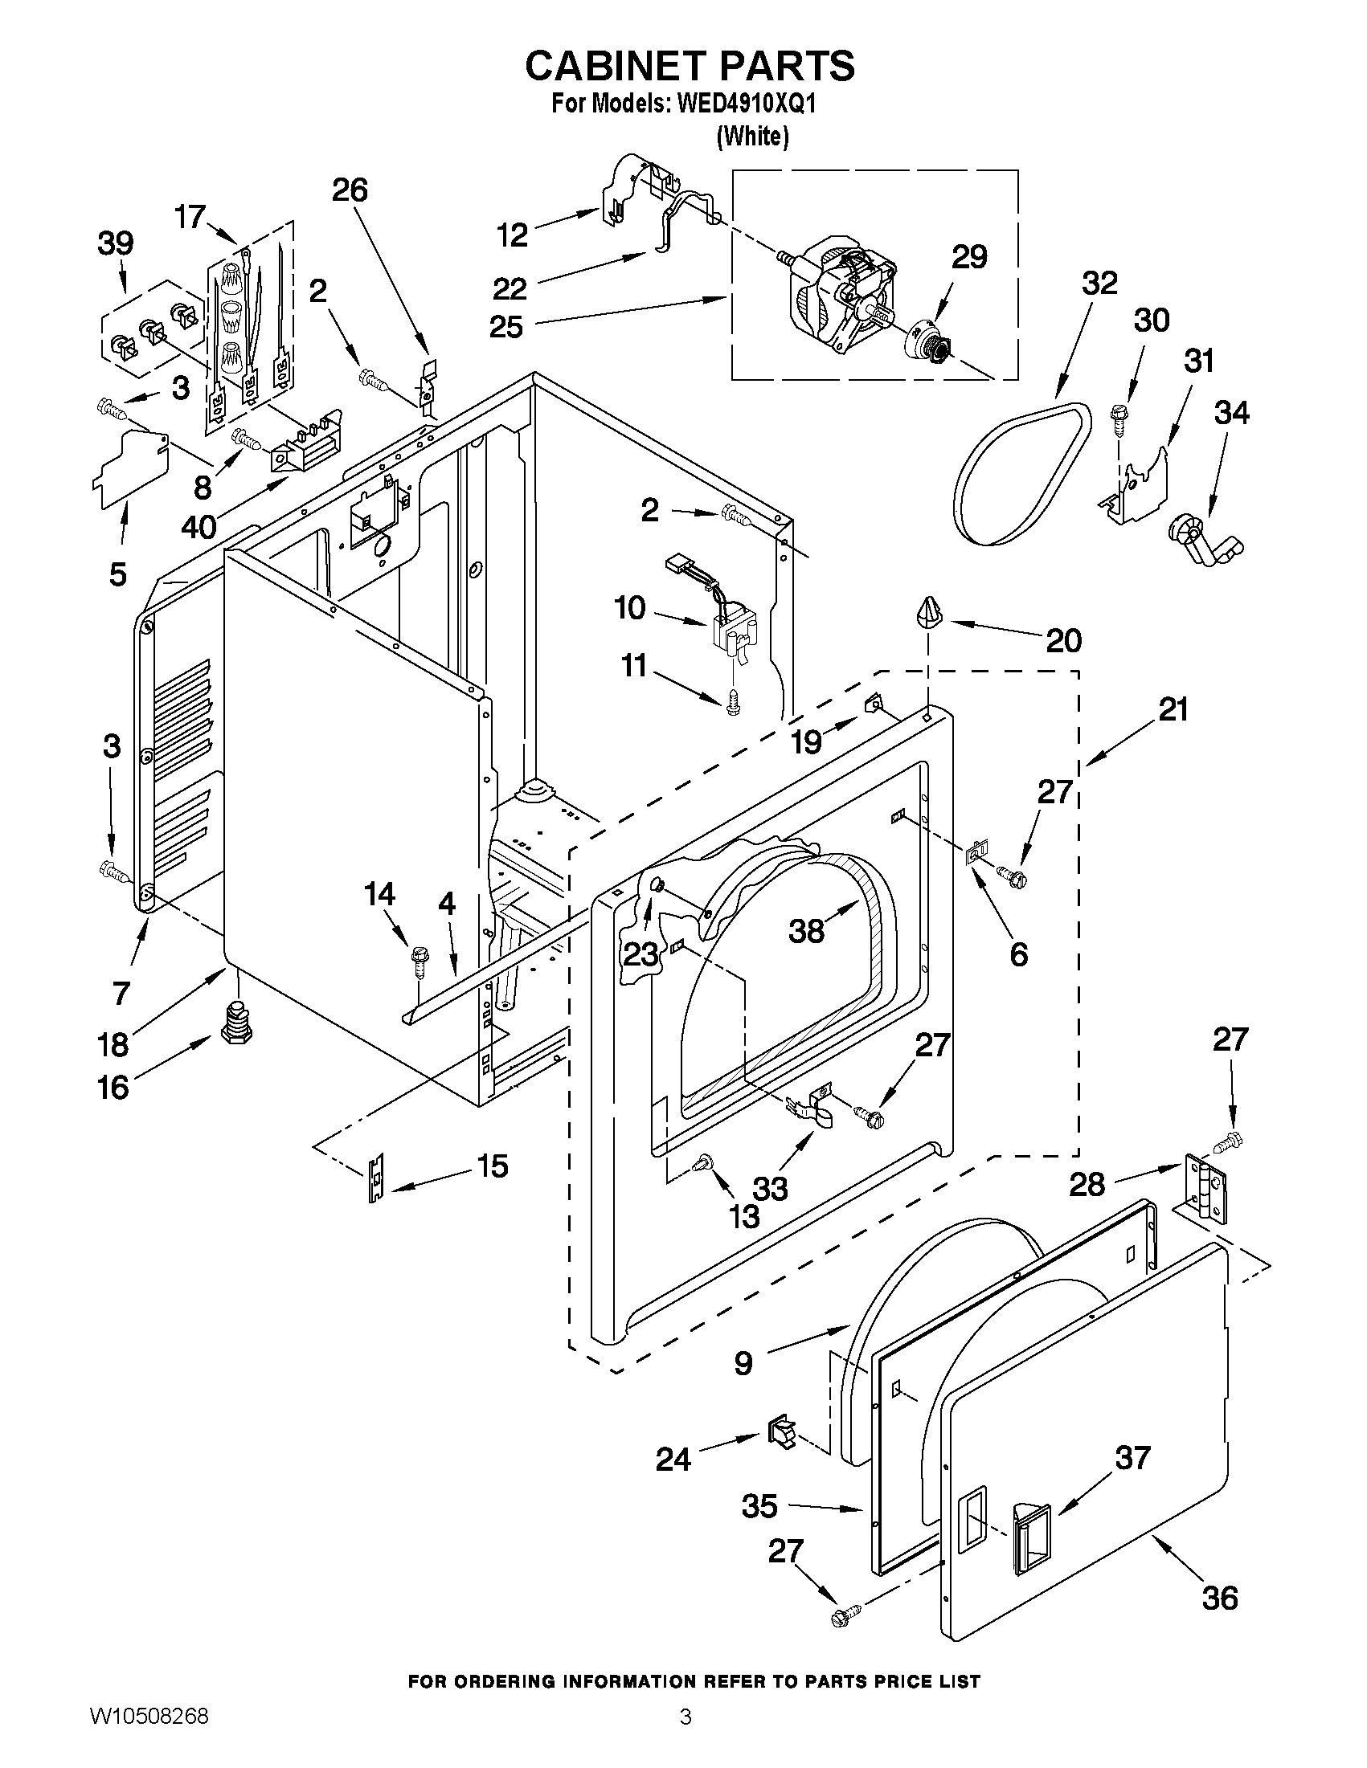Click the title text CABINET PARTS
690,67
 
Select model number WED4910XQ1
735,104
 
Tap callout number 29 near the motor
968,256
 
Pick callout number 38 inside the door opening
807,930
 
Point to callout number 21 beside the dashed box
1173,709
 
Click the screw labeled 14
419,957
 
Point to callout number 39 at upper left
115,243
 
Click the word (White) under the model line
752,137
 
